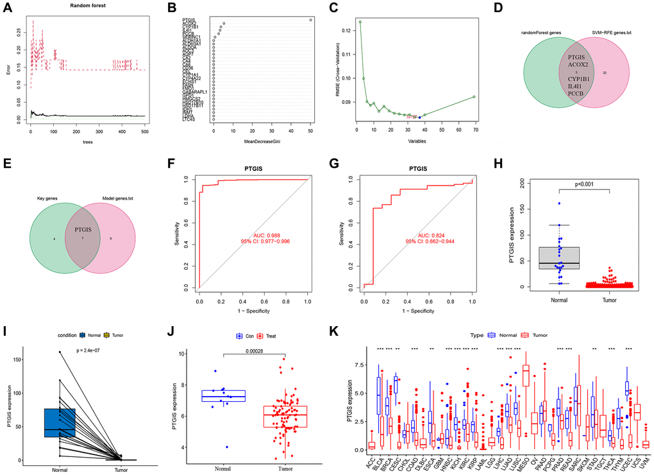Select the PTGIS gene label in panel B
[x=206, y=19]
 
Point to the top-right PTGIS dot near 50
[x=310, y=20]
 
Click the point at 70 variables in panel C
[x=474, y=97]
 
